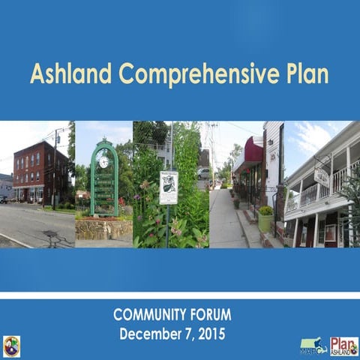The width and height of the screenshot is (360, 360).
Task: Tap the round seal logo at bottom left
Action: click(x=11, y=346)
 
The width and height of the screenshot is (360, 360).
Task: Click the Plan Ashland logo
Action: click(x=344, y=346)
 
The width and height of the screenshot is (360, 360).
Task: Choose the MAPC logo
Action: click(x=313, y=346)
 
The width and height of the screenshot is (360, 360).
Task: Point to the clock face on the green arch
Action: click(x=103, y=161)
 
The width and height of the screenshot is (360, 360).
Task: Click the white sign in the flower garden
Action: click(x=169, y=187)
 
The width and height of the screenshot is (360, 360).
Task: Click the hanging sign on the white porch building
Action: click(x=321, y=176)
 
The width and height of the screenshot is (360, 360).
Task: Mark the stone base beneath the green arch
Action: click(x=103, y=228)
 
